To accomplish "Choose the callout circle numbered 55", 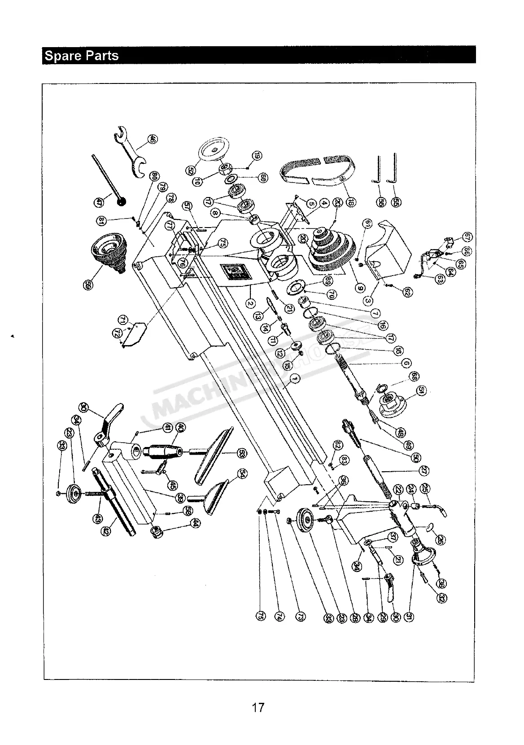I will point(396,202).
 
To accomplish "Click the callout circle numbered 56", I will point(381,202).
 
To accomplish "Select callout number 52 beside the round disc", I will point(191,170).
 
